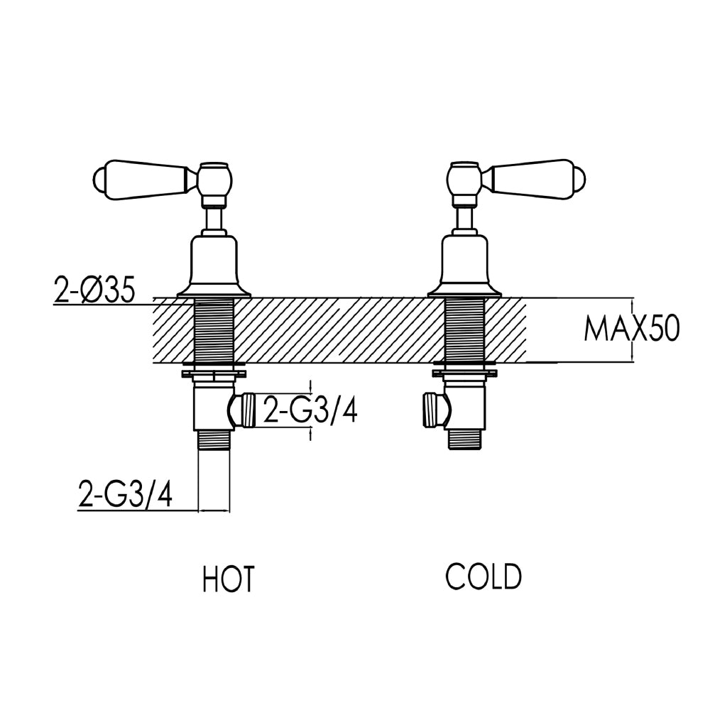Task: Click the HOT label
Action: pos(228,578)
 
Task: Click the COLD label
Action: pos(484,576)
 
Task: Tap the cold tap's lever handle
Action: pos(540,178)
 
